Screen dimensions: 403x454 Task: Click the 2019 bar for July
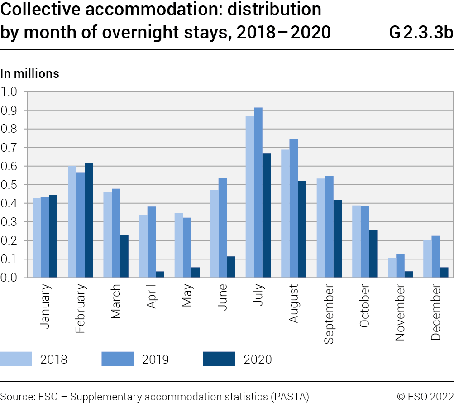pos(258,192)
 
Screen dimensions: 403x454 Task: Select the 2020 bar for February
pos(89,220)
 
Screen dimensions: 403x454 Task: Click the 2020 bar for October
pos(373,253)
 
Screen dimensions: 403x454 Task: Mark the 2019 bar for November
pos(400,266)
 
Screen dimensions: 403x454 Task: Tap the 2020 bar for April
pos(160,274)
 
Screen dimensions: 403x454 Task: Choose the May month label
pos(187,295)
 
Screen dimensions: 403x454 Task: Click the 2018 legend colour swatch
pos(16,359)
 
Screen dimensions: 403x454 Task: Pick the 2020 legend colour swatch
pos(219,359)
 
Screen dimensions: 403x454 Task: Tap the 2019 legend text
pos(155,360)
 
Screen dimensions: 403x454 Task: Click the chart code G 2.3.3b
pos(421,33)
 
